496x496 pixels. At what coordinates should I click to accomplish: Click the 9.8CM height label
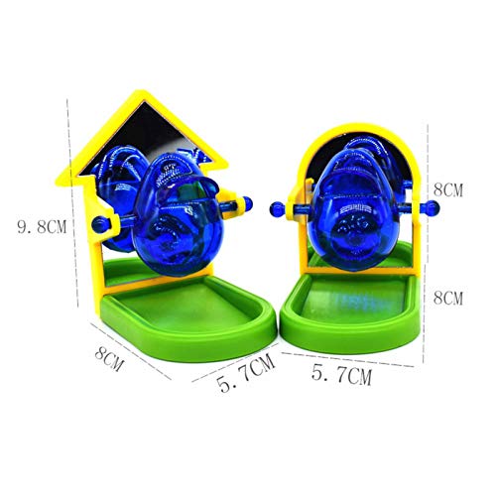tap(42, 227)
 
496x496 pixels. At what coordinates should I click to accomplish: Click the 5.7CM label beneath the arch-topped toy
tap(341, 375)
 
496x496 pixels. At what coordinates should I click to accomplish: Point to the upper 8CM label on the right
tap(448, 189)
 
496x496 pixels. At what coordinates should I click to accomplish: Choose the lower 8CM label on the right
tap(448, 298)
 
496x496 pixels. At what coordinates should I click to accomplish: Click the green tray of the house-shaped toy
tap(188, 314)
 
